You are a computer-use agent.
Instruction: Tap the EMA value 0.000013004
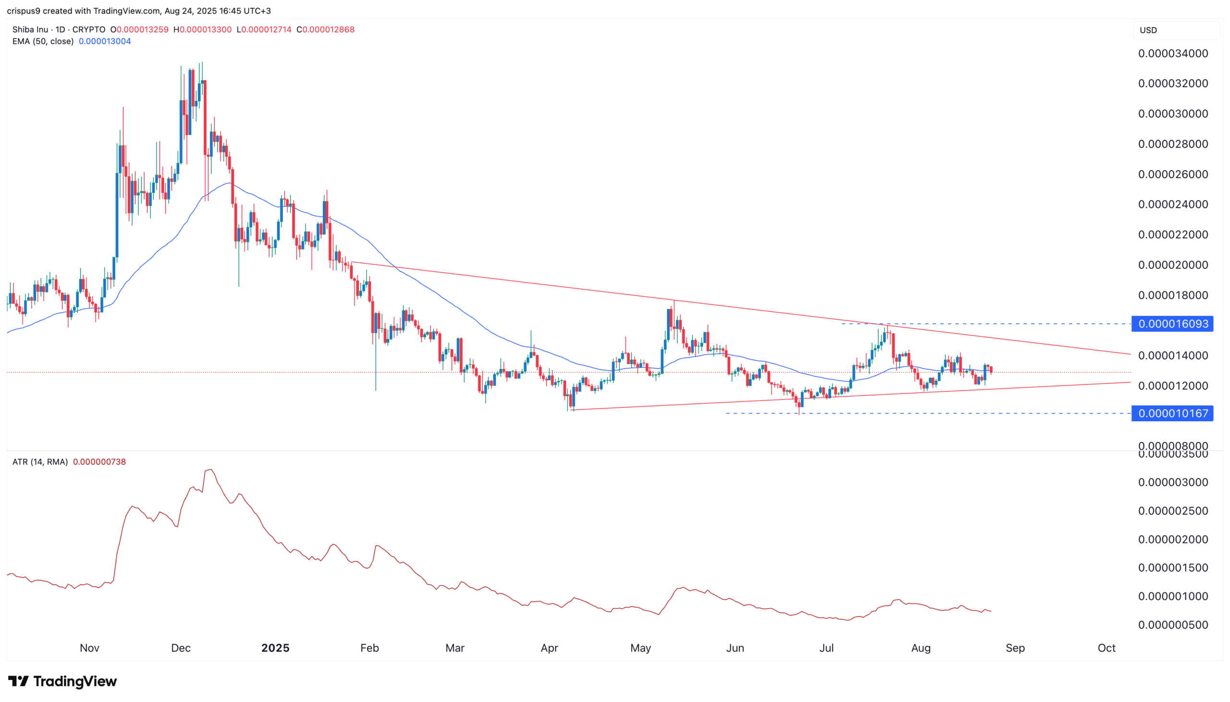point(105,41)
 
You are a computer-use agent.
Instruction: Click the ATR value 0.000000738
point(99,462)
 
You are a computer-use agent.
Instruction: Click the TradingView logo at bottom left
point(62,681)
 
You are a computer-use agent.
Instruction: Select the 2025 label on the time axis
point(275,648)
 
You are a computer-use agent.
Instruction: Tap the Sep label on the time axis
point(1015,648)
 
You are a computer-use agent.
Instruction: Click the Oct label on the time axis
point(1106,648)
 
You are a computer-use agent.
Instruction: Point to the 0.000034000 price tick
point(1173,53)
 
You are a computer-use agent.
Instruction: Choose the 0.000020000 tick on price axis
point(1173,265)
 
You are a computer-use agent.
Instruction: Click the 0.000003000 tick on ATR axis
point(1173,482)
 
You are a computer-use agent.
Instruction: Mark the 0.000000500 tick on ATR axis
point(1173,625)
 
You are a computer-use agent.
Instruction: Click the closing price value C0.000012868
point(326,29)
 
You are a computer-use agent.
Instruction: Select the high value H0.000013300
point(202,29)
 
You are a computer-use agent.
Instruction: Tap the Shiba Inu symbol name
point(30,29)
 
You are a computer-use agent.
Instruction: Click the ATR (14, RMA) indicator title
point(40,462)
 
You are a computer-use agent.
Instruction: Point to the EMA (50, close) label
point(43,41)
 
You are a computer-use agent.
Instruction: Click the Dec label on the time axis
point(181,648)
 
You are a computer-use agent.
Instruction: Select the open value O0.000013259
point(139,29)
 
